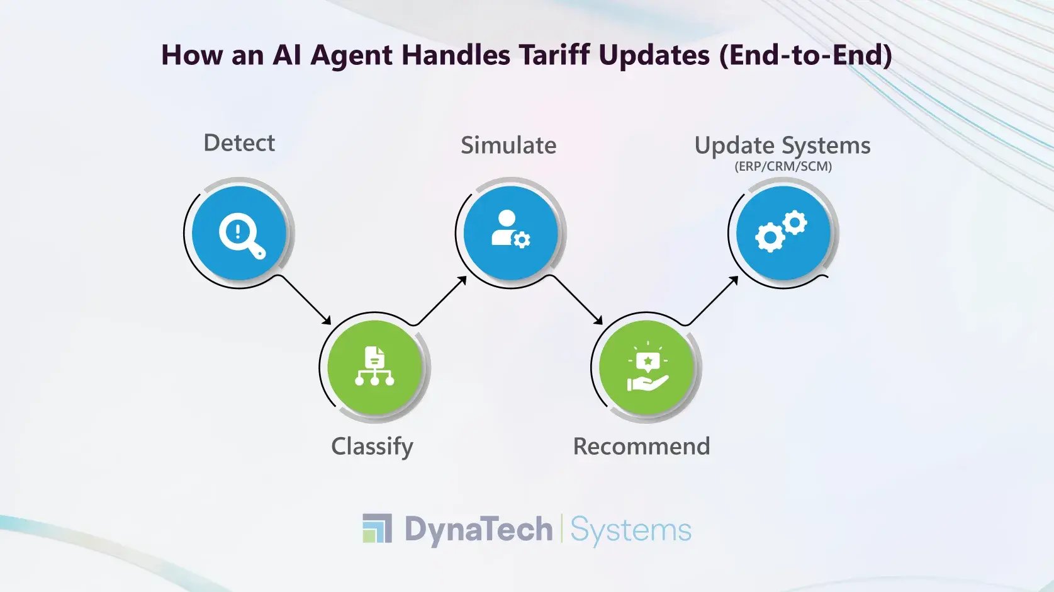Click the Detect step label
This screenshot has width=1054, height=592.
(239, 143)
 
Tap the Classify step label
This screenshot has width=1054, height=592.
(372, 447)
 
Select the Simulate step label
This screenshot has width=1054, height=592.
(508, 145)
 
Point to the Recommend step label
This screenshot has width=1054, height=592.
(641, 447)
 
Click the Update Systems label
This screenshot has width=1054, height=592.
(782, 145)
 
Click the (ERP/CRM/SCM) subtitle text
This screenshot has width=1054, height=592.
(783, 166)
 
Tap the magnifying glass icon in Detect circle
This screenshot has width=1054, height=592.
(242, 236)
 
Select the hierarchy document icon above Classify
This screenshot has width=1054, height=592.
(374, 366)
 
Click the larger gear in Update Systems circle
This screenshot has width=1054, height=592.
(769, 238)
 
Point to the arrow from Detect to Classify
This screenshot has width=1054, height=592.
(305, 300)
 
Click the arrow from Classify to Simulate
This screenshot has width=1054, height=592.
(441, 300)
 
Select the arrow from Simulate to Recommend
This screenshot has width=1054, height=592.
(577, 300)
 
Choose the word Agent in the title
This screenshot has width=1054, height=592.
(352, 55)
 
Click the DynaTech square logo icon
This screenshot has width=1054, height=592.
(377, 528)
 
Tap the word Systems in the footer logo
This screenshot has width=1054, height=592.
(631, 530)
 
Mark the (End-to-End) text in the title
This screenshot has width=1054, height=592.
(805, 55)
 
